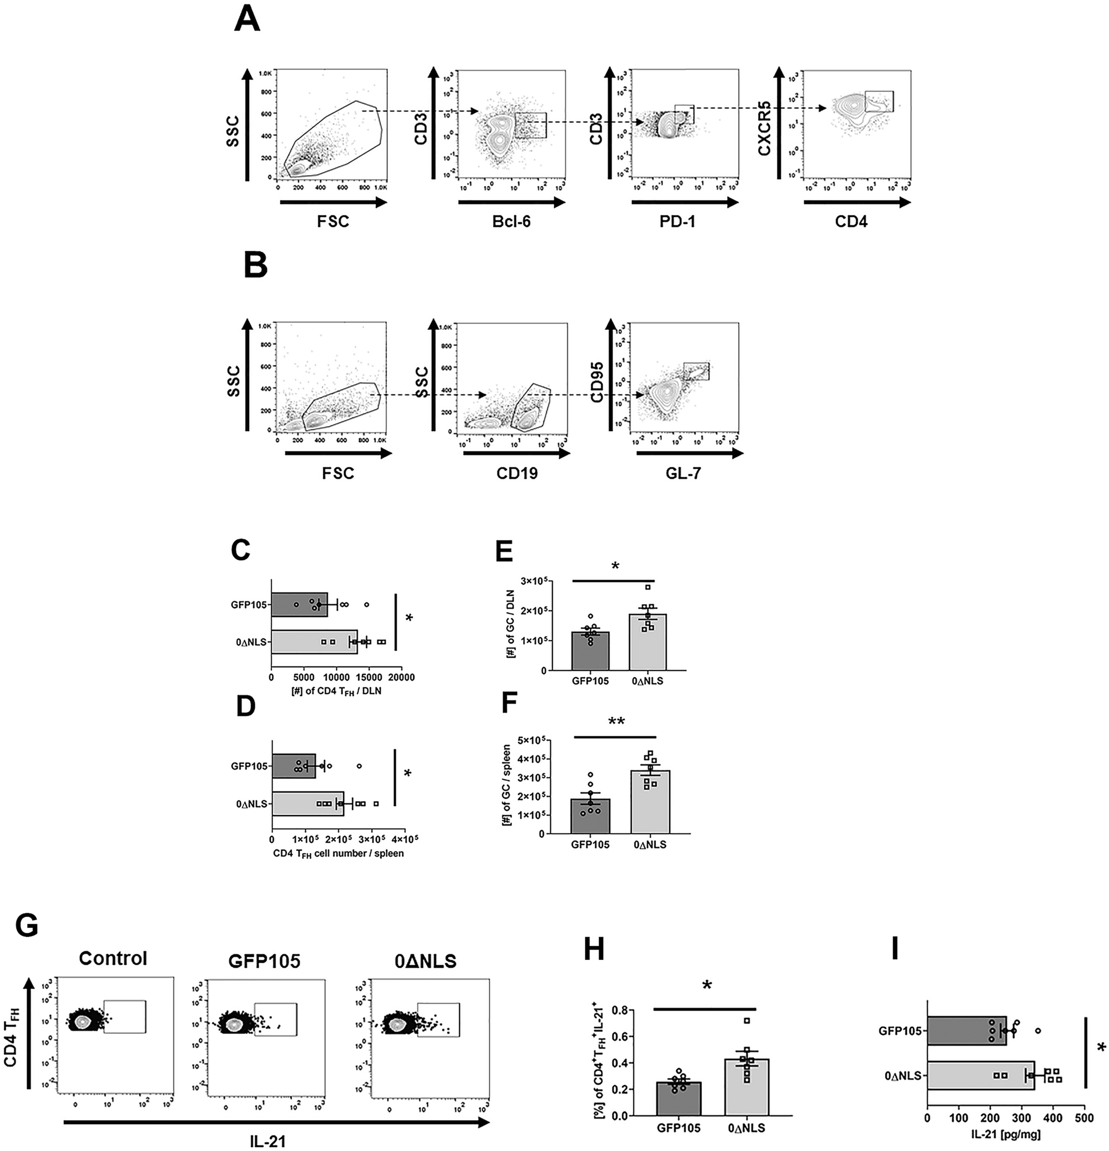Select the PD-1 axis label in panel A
tap(681, 221)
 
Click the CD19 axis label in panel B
tap(518, 472)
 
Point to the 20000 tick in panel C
tap(401, 678)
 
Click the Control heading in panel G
tap(113, 958)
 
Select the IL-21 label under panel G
tap(268, 1140)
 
